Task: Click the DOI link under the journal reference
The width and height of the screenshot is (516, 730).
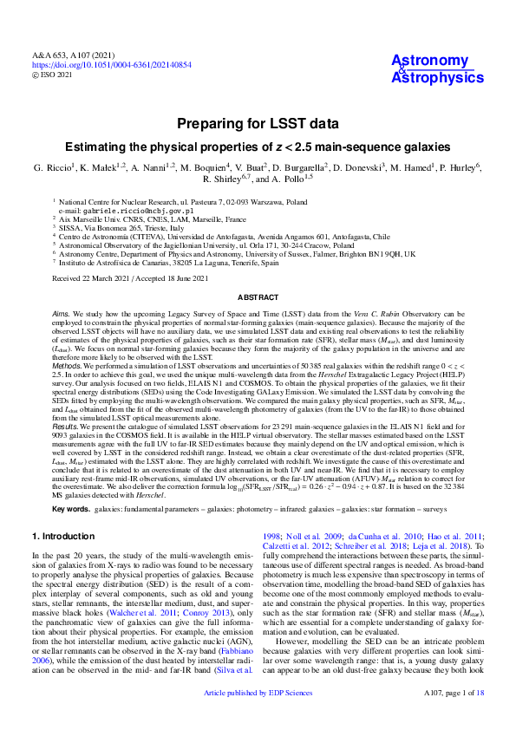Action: (x=112, y=64)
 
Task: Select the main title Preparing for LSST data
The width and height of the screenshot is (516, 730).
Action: (x=258, y=124)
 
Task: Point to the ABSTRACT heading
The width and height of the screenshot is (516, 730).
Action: (x=258, y=297)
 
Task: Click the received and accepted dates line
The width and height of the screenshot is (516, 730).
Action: (x=130, y=278)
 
